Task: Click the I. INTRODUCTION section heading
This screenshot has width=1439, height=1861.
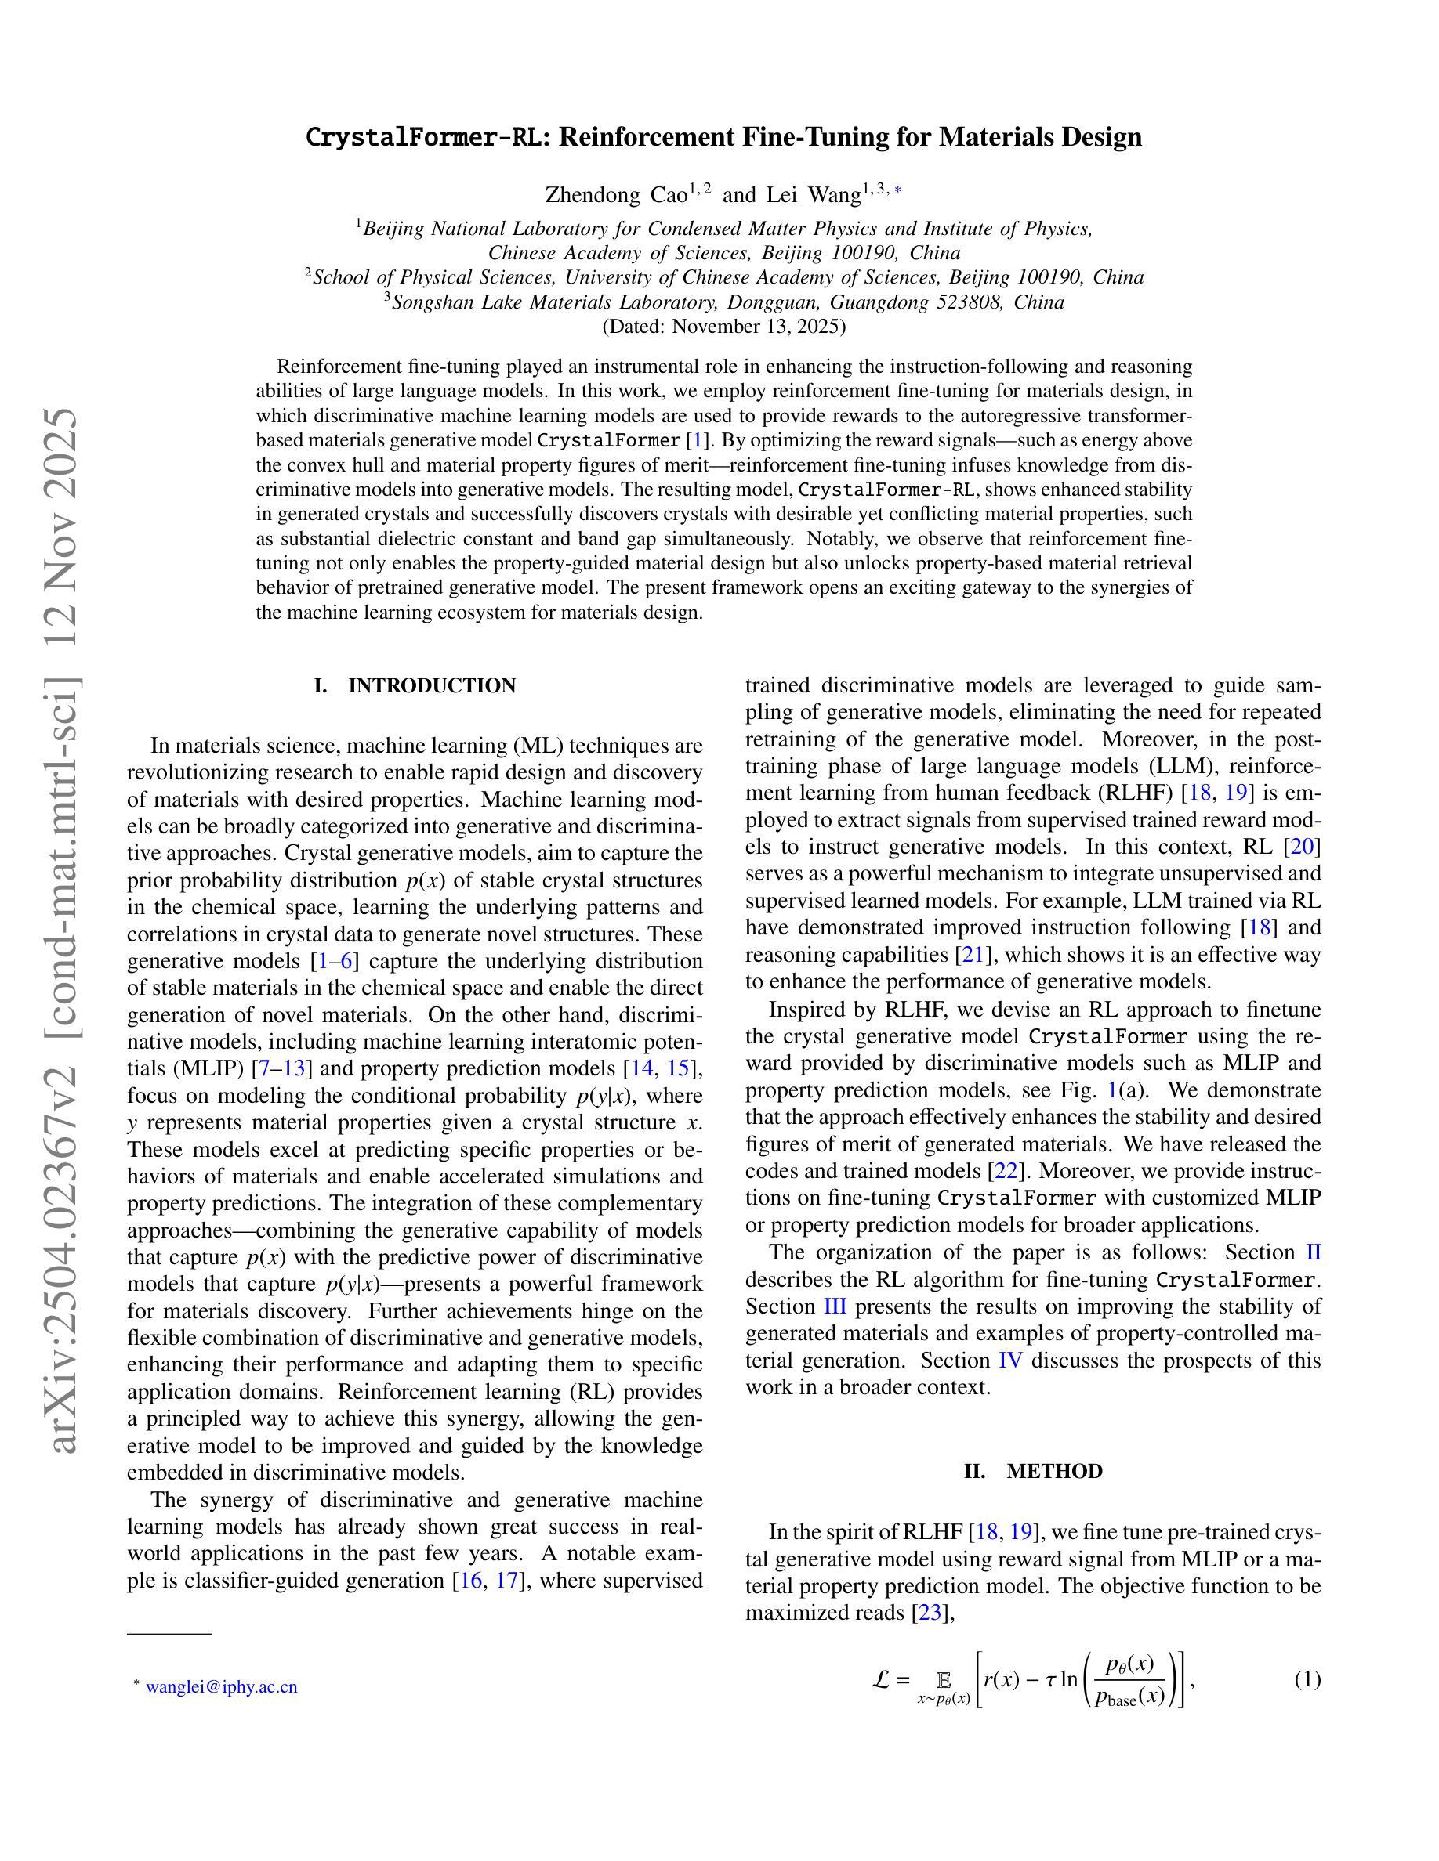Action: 415,686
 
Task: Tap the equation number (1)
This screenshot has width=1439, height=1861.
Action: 1307,1679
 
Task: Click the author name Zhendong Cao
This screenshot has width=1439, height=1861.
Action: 616,195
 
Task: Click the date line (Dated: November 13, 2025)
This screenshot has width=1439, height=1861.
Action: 723,327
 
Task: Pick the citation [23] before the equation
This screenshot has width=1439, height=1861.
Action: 930,1613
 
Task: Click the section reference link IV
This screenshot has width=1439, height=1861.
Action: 1009,1360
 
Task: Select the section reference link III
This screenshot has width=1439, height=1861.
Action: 835,1306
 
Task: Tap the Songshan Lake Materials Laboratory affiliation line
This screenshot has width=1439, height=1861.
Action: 723,302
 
